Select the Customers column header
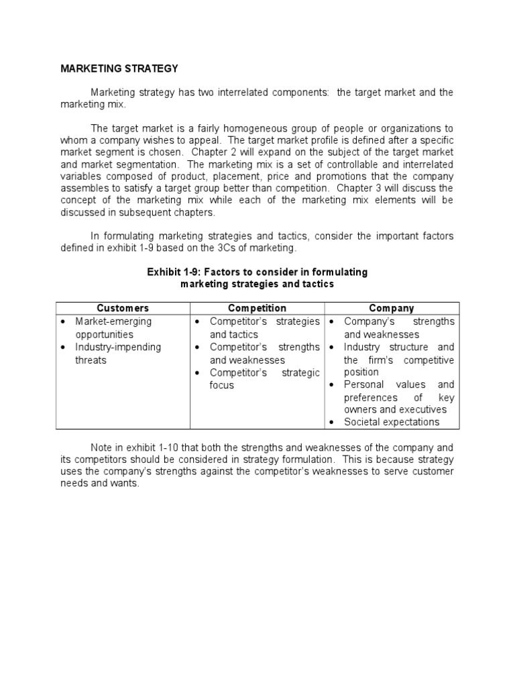click(123, 308)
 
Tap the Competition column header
click(257, 308)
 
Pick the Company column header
click(392, 308)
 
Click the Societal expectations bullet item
click(392, 422)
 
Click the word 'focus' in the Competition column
click(222, 385)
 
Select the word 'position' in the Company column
click(361, 372)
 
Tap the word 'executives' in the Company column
click(422, 409)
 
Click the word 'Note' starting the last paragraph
click(102, 447)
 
